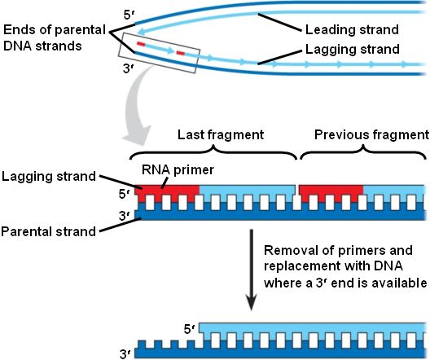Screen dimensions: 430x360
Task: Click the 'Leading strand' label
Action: tap(352, 29)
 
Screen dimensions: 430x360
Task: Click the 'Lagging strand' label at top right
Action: tap(353, 50)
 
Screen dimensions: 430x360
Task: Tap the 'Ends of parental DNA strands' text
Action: tap(55, 37)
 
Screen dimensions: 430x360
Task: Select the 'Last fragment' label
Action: tap(221, 135)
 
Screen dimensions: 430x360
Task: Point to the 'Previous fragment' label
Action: tap(371, 135)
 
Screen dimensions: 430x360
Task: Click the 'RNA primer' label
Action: tap(178, 170)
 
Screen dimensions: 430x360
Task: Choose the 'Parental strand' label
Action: tap(49, 231)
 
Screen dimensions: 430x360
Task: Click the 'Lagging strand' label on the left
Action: tap(49, 176)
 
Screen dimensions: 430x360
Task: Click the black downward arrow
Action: tap(251, 270)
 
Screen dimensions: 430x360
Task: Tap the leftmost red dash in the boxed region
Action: tap(141, 44)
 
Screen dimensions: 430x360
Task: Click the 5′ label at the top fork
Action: tap(129, 15)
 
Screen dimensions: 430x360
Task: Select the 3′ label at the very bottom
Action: tap(126, 354)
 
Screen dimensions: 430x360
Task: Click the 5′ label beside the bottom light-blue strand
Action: tap(190, 329)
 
